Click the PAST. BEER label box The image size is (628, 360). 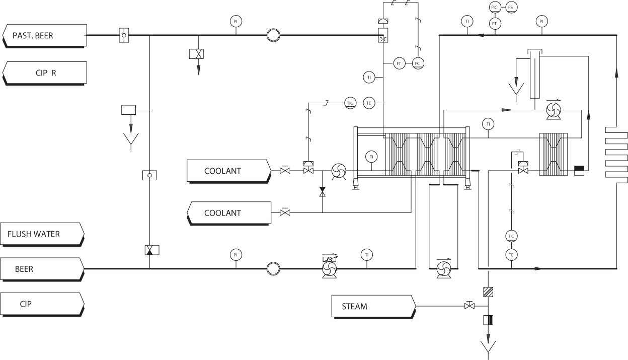[43, 35]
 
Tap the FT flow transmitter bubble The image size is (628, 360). [399, 63]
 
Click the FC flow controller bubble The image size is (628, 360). [417, 63]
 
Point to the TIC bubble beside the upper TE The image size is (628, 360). [351, 103]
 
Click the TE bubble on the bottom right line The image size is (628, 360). [511, 255]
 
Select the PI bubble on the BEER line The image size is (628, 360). [235, 255]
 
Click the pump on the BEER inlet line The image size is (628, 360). [330, 268]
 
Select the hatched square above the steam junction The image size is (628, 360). [488, 292]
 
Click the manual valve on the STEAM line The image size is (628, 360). [469, 306]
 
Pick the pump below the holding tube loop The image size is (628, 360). [443, 268]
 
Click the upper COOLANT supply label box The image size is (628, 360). [226, 171]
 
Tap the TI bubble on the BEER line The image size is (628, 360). [367, 255]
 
